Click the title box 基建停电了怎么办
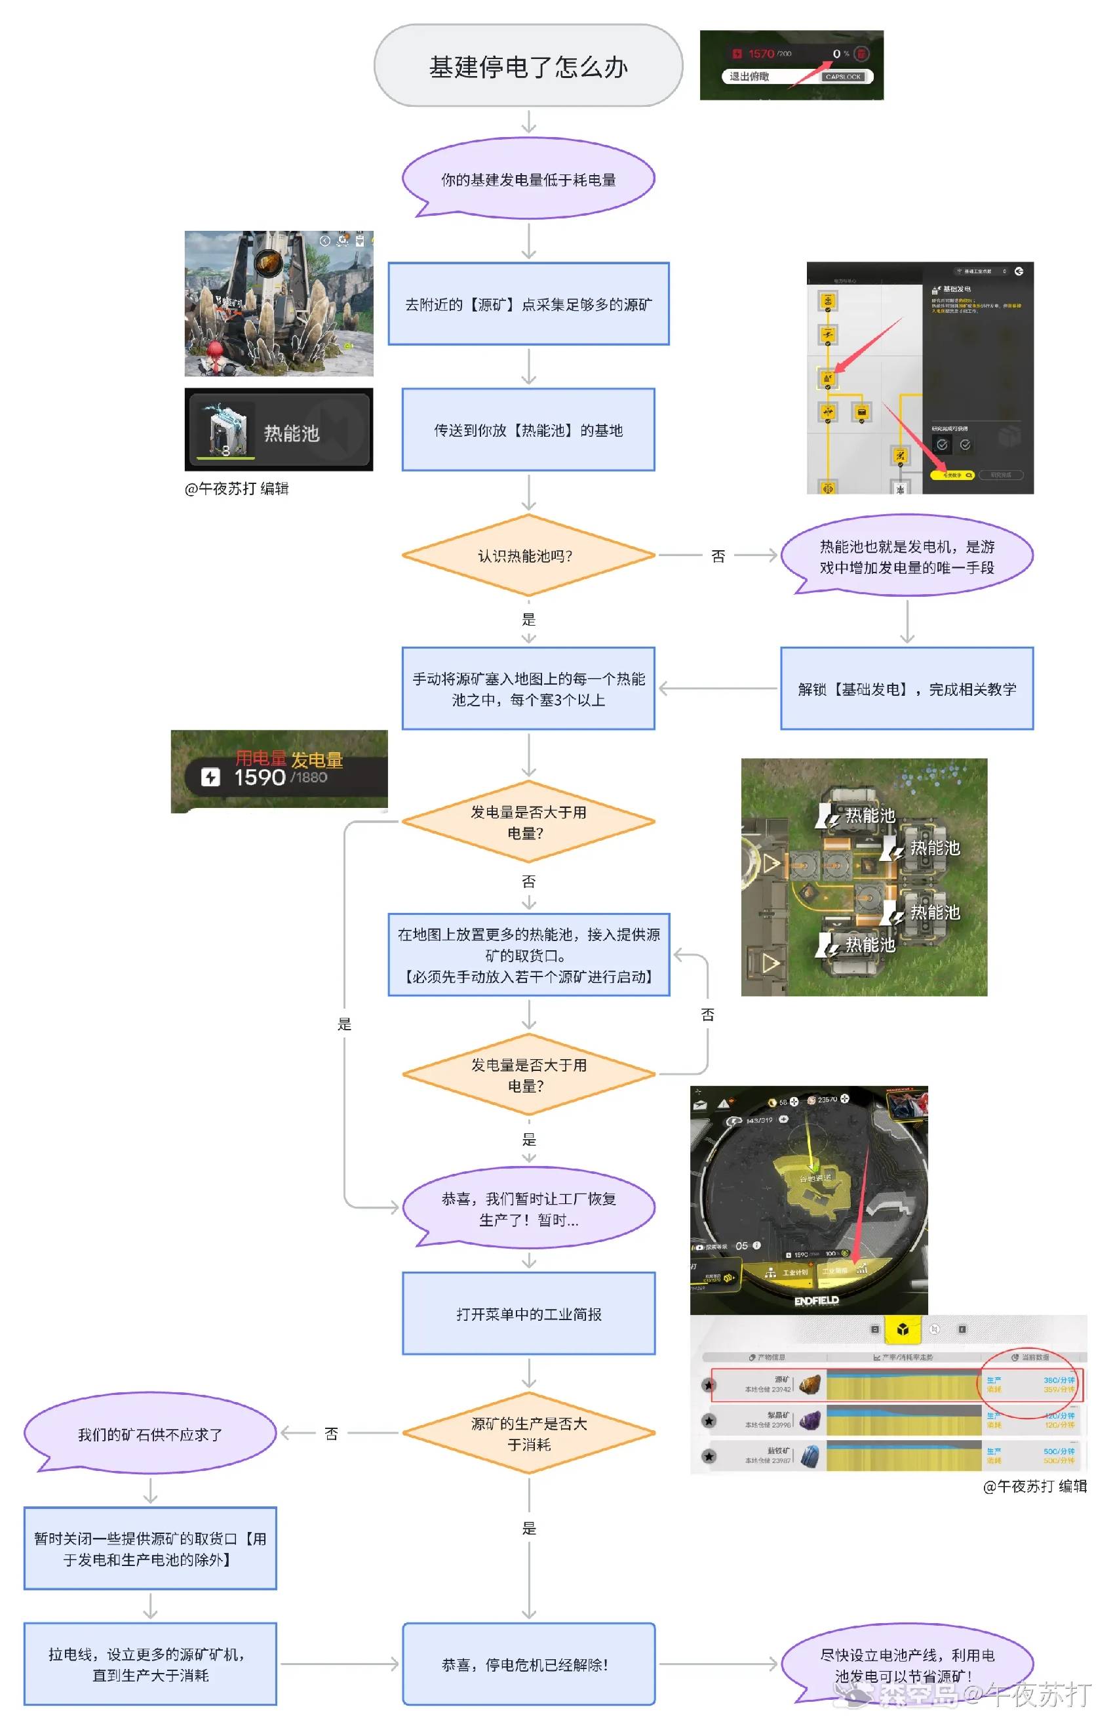click(528, 66)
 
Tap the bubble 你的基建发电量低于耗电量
click(528, 179)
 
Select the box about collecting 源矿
click(528, 304)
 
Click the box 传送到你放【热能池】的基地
click(528, 430)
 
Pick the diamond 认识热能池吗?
click(528, 555)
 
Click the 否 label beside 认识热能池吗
click(718, 556)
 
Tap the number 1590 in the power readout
click(260, 778)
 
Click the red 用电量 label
click(261, 758)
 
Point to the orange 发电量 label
click(317, 760)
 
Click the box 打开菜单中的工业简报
click(528, 1314)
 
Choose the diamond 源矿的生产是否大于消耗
click(528, 1434)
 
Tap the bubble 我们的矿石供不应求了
click(150, 1434)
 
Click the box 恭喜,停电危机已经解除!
click(528, 1664)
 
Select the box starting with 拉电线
click(150, 1664)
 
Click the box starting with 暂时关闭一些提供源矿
click(150, 1548)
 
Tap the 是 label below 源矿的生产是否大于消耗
click(529, 1528)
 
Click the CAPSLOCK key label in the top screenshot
click(843, 77)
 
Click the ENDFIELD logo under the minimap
click(816, 1300)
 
